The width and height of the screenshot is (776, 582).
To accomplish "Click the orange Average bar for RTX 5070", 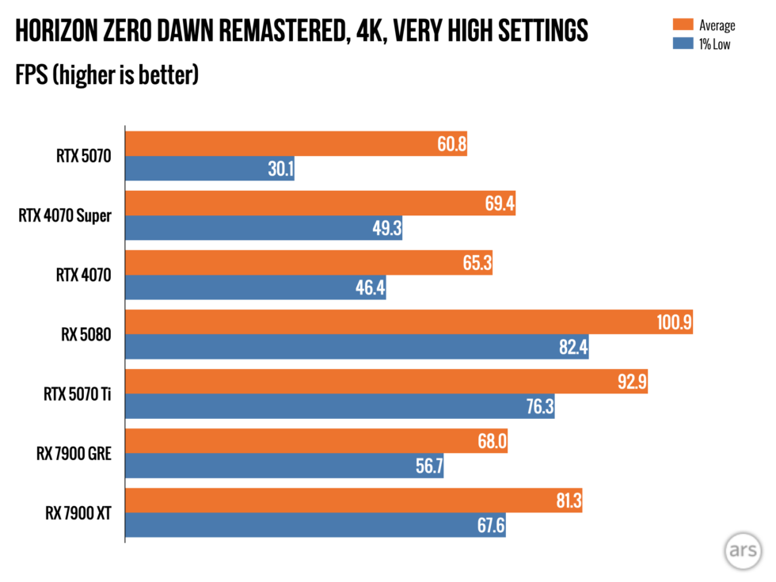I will pyautogui.click(x=295, y=143).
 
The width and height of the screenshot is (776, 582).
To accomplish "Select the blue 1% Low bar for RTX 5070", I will pyautogui.click(x=210, y=168).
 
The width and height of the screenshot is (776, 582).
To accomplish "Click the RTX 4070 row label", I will pyautogui.click(x=82, y=275).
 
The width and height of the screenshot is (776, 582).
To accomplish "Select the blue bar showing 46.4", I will pyautogui.click(x=256, y=287).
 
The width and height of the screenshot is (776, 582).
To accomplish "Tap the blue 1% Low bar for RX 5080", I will pyautogui.click(x=357, y=347).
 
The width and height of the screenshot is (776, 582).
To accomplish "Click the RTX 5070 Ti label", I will pyautogui.click(x=75, y=394).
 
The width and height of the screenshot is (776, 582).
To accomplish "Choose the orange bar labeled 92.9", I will pyautogui.click(x=386, y=382).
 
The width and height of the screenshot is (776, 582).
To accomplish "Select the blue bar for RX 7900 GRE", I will pyautogui.click(x=284, y=466).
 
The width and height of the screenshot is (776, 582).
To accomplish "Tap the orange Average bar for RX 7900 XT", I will pyautogui.click(x=354, y=500).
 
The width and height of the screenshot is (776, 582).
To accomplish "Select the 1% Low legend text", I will pyautogui.click(x=715, y=44).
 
